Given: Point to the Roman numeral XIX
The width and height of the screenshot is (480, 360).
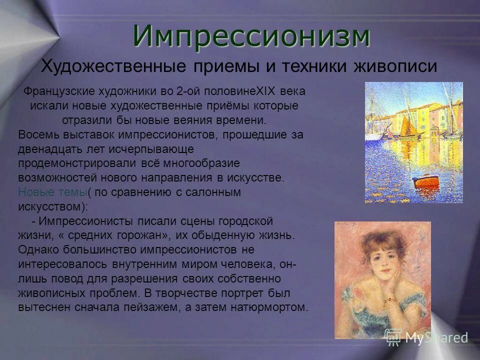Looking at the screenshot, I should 263,92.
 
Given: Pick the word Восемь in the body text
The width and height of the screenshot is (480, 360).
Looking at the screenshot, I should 35,135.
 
